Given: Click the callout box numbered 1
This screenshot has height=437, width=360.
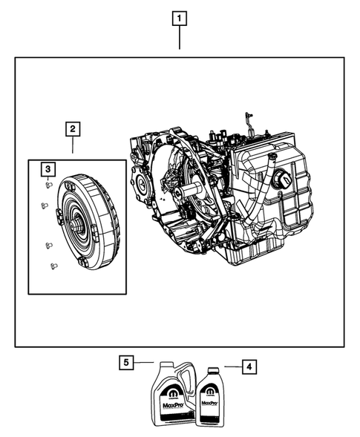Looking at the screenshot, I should coord(179,17).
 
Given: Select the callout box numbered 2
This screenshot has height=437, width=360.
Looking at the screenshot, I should coord(72,130).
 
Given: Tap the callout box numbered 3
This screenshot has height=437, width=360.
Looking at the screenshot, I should coord(47,170).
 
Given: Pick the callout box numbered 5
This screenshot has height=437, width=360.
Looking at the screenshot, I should coord(127,363).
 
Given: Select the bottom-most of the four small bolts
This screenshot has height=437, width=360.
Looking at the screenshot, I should coord(52,266).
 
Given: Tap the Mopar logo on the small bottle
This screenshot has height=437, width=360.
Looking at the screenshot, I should coord(212,393).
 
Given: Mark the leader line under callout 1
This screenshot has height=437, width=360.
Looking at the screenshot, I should coord(179,39).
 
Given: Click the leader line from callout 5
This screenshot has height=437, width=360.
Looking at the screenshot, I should coord(145,363).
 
